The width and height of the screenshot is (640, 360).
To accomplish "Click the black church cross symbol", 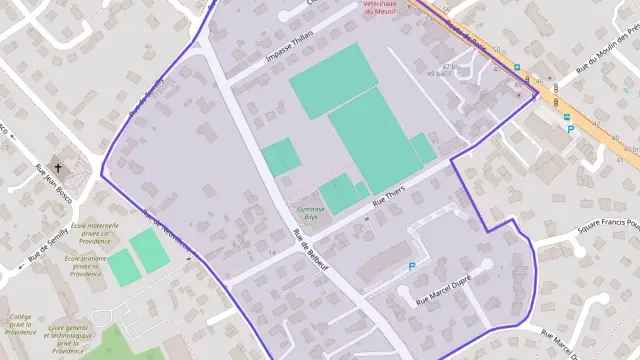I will [58, 168].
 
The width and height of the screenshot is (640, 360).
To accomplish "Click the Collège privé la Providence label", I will [21, 325].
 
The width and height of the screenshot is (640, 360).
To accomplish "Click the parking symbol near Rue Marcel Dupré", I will [411, 267].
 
